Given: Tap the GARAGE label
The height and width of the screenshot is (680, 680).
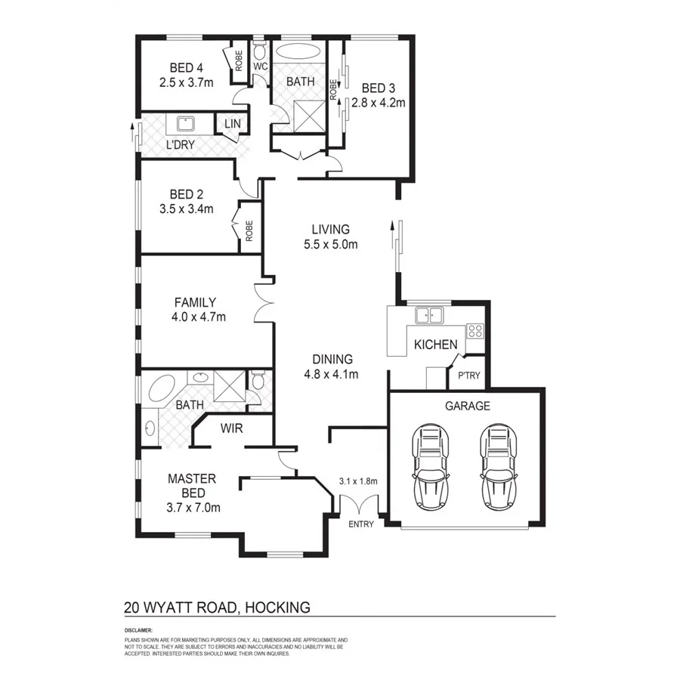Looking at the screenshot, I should point(467,406).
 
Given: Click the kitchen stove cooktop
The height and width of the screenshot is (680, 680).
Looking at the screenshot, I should point(474,330).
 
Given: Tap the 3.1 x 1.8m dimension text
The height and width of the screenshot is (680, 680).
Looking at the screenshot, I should point(357,481).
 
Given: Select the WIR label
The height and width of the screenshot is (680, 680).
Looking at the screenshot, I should point(230,428).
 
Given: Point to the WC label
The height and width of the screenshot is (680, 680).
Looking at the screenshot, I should point(260,66).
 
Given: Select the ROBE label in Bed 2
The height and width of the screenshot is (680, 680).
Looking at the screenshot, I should point(249,230).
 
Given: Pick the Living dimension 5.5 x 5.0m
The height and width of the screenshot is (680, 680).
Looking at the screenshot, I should point(330,244).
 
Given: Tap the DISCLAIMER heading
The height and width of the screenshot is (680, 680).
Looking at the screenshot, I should point(139,629).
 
